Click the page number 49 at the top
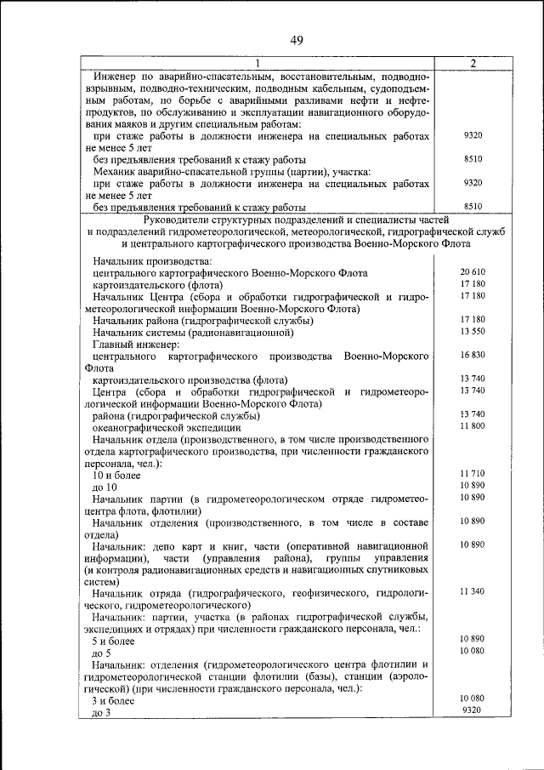tap(297, 40)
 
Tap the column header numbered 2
tap(473, 63)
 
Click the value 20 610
tap(473, 271)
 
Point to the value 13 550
tap(473, 330)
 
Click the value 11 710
tap(473, 472)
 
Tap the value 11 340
tap(473, 590)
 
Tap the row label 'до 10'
tap(105, 487)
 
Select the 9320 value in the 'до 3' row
tap(473, 710)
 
